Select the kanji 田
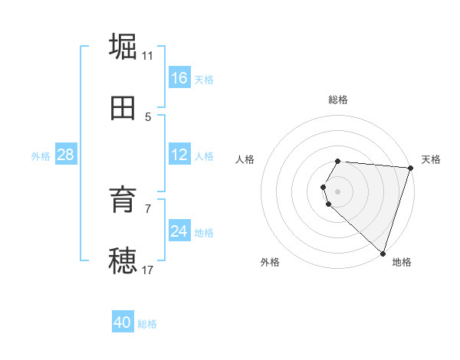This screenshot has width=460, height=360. point(123,109)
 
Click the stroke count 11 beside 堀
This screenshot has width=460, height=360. point(148,55)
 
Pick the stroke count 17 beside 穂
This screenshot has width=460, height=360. point(148,270)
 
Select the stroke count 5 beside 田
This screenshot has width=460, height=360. point(148,117)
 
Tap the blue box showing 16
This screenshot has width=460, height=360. point(179,78)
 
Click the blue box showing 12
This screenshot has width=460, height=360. point(179,155)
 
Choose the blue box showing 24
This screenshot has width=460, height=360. point(179,231)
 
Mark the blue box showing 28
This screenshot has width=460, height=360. point(65,155)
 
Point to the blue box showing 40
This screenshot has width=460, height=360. point(123,322)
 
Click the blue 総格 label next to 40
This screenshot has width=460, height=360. point(147,324)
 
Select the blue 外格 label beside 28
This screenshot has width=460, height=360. point(41,156)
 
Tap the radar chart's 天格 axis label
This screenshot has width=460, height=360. point(431,159)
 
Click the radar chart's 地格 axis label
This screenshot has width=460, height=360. point(402,262)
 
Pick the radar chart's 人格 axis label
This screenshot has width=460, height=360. point(245,159)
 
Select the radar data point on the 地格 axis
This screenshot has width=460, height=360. point(383,253)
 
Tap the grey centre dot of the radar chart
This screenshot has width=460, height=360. point(337,191)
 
